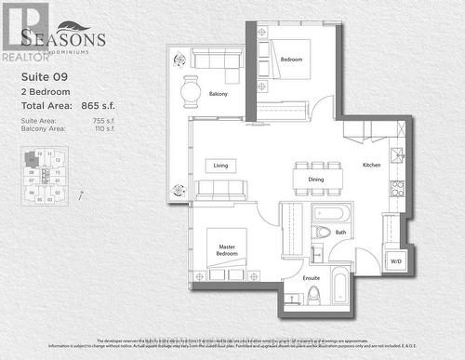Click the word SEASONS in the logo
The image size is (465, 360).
pyautogui.click(x=63, y=39)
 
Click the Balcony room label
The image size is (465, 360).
pyautogui.click(x=218, y=94)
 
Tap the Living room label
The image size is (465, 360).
pyautogui.click(x=220, y=166)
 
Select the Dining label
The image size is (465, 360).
pyautogui.click(x=316, y=180)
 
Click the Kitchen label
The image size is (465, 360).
pyautogui.click(x=371, y=166)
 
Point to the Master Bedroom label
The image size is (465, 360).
pyautogui.click(x=226, y=248)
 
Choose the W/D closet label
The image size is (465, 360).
pyautogui.click(x=395, y=261)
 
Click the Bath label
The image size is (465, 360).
pyautogui.click(x=340, y=233)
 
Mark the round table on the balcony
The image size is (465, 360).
pyautogui.click(x=191, y=90)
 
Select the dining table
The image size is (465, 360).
pyautogui.click(x=317, y=178)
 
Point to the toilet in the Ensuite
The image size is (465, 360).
pyautogui.click(x=313, y=294)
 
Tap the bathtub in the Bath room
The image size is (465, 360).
pyautogui.click(x=330, y=213)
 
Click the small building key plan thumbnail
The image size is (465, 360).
pyautogui.click(x=44, y=175)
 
